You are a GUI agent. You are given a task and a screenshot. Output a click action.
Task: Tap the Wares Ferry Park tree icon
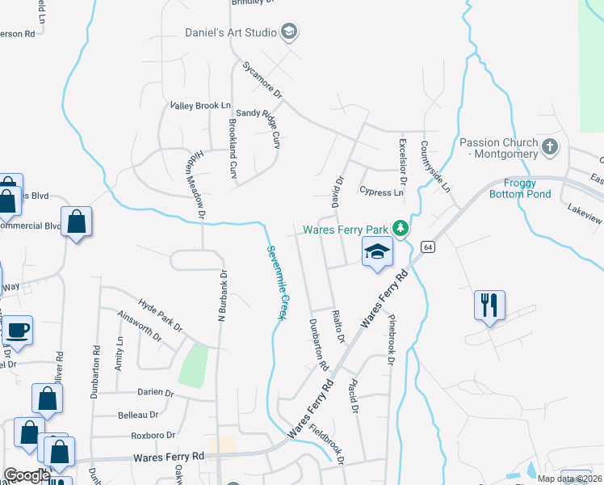[x=399, y=230]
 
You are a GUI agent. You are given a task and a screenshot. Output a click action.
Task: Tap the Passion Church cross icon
[x=551, y=147]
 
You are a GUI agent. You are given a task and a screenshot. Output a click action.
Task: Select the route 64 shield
[x=428, y=247]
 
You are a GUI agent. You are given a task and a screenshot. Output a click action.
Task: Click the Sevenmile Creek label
[x=276, y=280]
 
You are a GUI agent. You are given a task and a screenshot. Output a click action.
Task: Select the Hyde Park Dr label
[x=160, y=312]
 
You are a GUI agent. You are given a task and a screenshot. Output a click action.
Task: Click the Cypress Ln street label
[x=381, y=192]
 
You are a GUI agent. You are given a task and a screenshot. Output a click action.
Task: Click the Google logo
[x=27, y=475]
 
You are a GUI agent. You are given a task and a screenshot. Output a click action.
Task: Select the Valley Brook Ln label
[x=200, y=106]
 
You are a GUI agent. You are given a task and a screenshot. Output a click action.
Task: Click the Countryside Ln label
[x=434, y=167]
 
